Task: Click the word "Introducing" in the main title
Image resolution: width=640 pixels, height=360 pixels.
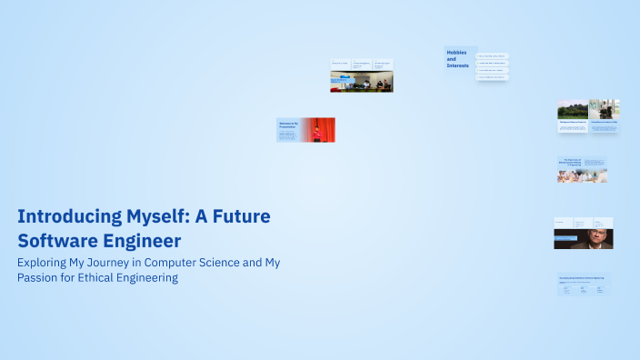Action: [65, 218]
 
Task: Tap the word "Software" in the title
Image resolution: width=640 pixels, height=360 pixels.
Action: [58, 241]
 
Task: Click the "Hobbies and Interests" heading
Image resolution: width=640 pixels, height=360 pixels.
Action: [459, 59]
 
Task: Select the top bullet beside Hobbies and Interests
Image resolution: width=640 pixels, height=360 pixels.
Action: [492, 56]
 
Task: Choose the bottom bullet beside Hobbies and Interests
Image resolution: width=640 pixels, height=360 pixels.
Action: [492, 77]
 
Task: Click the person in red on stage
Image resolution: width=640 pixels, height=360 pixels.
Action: [316, 133]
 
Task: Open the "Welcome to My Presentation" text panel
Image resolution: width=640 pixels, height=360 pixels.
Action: [288, 130]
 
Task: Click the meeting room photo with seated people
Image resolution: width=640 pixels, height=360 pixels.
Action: [361, 83]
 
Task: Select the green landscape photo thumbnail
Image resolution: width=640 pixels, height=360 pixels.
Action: [572, 110]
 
